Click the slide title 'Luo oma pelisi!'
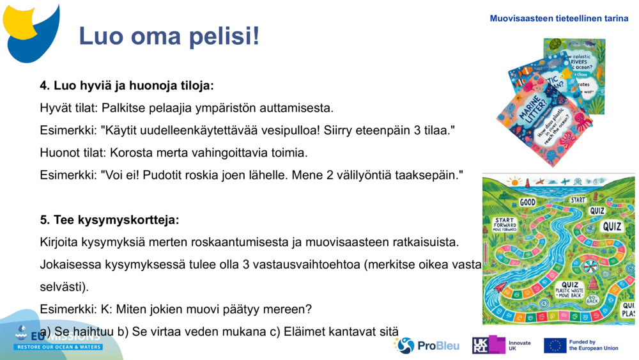click(x=169, y=36)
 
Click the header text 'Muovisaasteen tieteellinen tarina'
click(x=558, y=19)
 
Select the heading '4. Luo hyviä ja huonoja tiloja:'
click(x=127, y=85)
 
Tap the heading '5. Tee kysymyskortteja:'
click(x=109, y=220)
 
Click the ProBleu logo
click(x=427, y=345)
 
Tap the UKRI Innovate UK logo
click(x=502, y=345)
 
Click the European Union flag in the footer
click(x=555, y=345)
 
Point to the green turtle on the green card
click(x=554, y=45)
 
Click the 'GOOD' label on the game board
click(x=527, y=202)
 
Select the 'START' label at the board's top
click(x=578, y=200)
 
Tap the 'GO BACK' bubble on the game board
click(x=592, y=300)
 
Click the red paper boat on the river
click(x=499, y=287)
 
